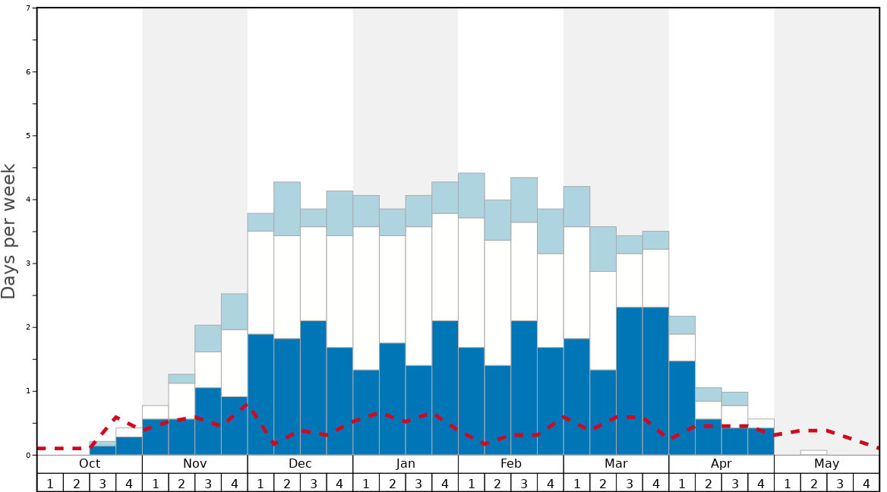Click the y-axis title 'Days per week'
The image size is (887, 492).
click(9, 231)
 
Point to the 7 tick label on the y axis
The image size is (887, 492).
click(28, 8)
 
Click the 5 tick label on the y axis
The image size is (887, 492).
click(28, 136)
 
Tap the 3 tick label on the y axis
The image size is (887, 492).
click(28, 263)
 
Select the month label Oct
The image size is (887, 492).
click(90, 464)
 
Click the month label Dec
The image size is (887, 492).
click(300, 464)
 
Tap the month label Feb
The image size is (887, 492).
click(511, 464)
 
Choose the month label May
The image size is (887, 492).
click(827, 464)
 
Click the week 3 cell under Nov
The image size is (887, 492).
click(208, 483)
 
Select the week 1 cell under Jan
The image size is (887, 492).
click(366, 483)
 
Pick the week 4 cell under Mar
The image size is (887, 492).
click(655, 483)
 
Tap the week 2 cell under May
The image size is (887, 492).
click(813, 483)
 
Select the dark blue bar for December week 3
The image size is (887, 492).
click(314, 388)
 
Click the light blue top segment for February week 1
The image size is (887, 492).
click(472, 195)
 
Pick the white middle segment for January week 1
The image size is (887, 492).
click(366, 298)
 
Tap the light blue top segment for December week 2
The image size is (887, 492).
click(287, 209)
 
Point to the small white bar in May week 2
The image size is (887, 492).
click(813, 453)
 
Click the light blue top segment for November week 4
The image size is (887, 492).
click(235, 311)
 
